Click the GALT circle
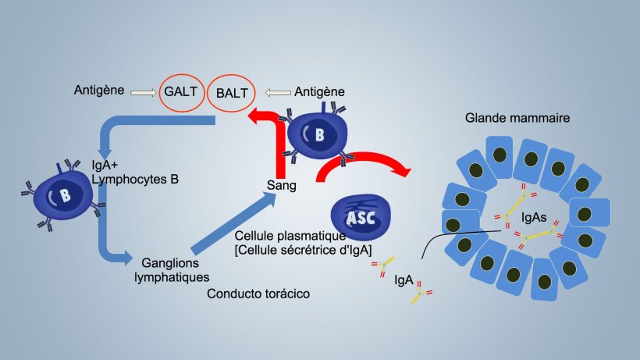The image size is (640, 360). pyautogui.click(x=180, y=92)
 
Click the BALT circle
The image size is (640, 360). pyautogui.click(x=232, y=93)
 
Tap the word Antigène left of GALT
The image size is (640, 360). pyautogui.click(x=99, y=91)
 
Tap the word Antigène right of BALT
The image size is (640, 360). pyautogui.click(x=320, y=92)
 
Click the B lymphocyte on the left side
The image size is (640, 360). pyautogui.click(x=65, y=195)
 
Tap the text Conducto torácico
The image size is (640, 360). pyautogui.click(x=259, y=294)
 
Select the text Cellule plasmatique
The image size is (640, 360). pyautogui.click(x=290, y=235)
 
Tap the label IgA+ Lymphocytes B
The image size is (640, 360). pyautogui.click(x=135, y=173)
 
